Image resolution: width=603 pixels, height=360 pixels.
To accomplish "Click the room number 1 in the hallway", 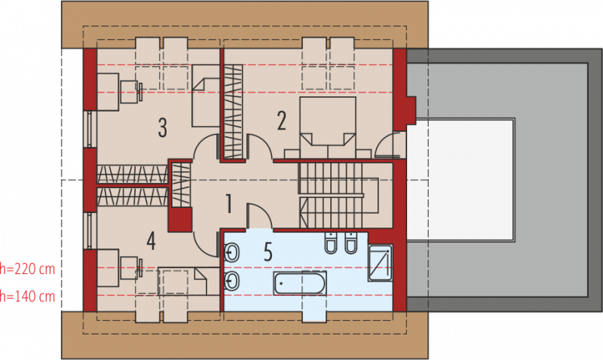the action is tap(229, 203).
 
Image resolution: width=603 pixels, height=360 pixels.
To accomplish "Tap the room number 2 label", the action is tap(281, 121).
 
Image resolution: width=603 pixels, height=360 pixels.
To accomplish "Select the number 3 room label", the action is tap(162, 127).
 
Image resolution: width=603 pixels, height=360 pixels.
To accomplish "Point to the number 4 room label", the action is tap(152, 241).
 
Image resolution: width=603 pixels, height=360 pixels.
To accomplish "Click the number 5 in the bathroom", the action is tap(268, 252).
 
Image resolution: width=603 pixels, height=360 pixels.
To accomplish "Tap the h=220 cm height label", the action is tap(27, 269).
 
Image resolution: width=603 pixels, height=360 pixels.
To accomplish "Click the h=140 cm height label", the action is tap(27, 296).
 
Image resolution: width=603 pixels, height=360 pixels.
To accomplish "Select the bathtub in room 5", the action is tap(300, 283).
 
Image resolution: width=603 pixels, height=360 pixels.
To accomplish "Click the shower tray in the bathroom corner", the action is tap(380, 263).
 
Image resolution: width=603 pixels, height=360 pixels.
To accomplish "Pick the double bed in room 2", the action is tap(328, 127).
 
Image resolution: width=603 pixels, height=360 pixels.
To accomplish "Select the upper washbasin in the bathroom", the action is tap(231, 253).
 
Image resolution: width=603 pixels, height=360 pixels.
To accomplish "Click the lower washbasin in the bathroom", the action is tap(231, 281).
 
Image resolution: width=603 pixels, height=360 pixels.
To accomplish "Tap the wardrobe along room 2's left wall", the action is tap(234, 111).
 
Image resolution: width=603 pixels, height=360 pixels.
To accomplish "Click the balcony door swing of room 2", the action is tap(390, 145).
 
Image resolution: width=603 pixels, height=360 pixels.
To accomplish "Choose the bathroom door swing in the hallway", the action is tap(259, 216).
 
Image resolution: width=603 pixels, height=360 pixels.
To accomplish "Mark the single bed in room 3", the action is tap(206, 96).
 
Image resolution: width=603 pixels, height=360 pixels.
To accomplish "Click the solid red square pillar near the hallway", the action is tap(180, 220).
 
